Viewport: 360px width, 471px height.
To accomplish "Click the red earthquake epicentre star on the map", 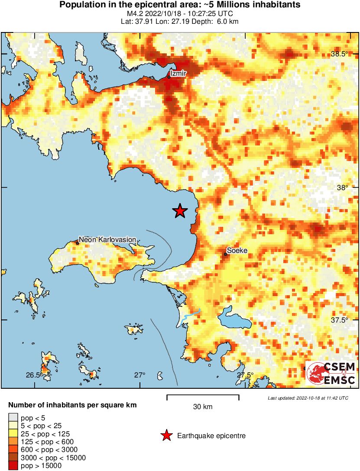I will coord(180,211).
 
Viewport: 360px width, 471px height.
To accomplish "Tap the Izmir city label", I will coord(178,74).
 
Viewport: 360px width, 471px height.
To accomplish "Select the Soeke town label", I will coord(237,250).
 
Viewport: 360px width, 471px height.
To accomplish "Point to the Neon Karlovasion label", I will coord(107,239).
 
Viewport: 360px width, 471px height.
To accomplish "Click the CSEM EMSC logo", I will coord(331,373).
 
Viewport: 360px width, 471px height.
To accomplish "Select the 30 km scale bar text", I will coord(202,406).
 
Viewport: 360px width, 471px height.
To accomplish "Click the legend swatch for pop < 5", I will coord(13,418).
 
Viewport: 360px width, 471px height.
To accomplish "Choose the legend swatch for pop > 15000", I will coord(13,465).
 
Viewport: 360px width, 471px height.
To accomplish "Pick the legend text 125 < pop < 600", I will coord(48,442).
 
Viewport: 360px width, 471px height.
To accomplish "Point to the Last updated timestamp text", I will coord(308,398).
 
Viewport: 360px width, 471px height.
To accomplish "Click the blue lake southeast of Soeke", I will coord(234,320).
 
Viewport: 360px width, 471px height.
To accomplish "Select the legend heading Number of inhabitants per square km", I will coord(73,406).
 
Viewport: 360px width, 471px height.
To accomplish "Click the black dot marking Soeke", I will coord(226,254).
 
